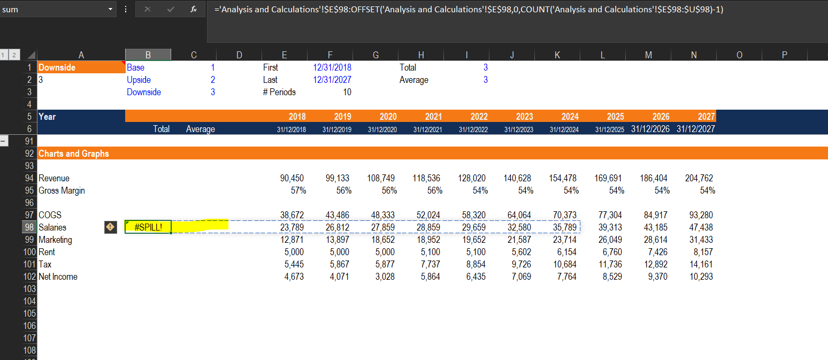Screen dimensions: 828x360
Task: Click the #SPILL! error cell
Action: point(148,227)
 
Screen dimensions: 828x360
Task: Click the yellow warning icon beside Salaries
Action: point(110,227)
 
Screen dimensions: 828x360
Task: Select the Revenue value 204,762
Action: point(699,178)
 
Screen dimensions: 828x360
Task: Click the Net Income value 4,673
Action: point(294,277)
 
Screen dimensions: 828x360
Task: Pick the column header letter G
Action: point(375,55)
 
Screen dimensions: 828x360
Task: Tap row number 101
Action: point(29,264)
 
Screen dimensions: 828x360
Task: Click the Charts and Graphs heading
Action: point(74,154)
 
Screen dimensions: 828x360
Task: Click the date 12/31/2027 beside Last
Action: point(332,80)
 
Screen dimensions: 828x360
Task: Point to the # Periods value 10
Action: point(347,92)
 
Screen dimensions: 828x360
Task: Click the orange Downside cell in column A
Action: point(81,67)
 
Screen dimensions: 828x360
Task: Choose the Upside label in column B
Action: point(139,80)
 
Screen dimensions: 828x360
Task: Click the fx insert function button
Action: point(193,9)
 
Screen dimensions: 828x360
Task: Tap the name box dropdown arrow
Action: point(110,9)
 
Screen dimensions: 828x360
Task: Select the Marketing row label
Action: point(55,240)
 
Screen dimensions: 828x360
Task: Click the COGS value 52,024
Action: point(428,215)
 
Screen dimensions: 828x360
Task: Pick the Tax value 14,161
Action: point(701,264)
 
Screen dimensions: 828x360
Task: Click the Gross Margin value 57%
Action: point(298,190)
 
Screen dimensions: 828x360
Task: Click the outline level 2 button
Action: point(14,55)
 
